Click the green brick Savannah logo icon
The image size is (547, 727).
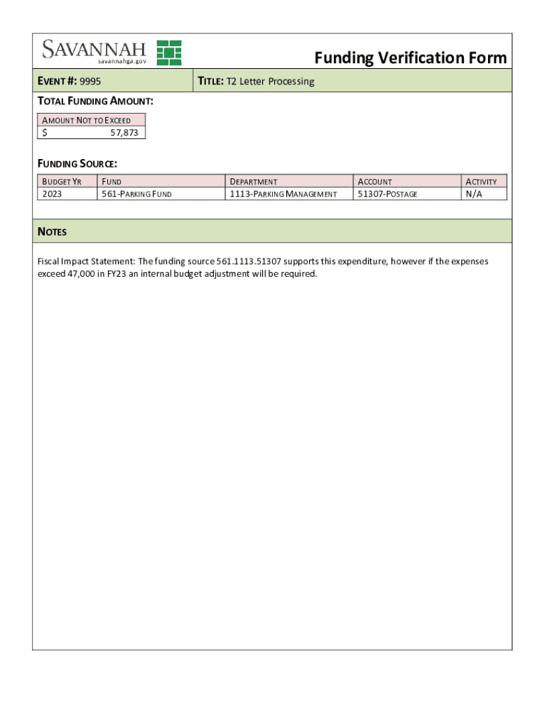(x=169, y=53)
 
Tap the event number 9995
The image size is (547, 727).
(x=90, y=82)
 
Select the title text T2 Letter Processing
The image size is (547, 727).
(x=270, y=82)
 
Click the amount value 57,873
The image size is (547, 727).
(x=124, y=133)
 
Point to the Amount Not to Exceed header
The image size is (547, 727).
(x=87, y=120)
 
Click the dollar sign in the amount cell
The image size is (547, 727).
(x=45, y=133)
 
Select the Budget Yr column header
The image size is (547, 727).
(x=63, y=182)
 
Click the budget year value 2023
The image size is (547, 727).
(x=53, y=194)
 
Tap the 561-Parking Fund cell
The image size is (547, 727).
(x=137, y=194)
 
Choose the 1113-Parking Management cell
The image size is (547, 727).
(x=283, y=194)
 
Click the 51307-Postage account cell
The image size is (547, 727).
(x=388, y=194)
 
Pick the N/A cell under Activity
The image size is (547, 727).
(x=473, y=194)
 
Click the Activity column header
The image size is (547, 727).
(x=481, y=182)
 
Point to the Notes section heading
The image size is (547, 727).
(x=52, y=232)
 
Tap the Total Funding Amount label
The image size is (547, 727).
(x=95, y=102)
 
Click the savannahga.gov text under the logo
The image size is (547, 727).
(x=122, y=62)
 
